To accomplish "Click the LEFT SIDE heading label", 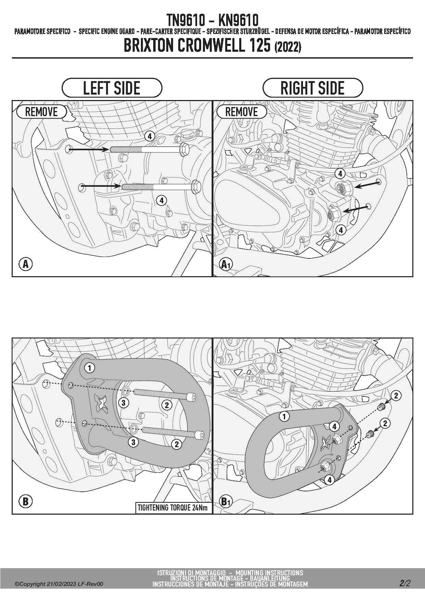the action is click(x=112, y=88).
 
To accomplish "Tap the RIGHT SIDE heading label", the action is click(x=313, y=88).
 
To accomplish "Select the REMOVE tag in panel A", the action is click(x=41, y=112).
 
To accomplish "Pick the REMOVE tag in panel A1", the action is click(x=242, y=112).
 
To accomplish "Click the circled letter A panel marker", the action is click(x=25, y=264).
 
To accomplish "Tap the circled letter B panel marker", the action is click(x=25, y=502).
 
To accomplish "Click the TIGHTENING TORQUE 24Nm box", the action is click(x=173, y=508).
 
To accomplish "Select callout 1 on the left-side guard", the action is click(x=90, y=368).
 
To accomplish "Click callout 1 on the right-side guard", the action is click(x=284, y=417).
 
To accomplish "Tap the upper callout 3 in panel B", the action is click(x=124, y=403).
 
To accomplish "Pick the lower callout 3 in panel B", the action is click(x=133, y=442).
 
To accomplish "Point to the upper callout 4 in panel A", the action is click(x=150, y=136).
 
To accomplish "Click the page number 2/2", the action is click(x=405, y=583).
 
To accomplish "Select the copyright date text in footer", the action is click(x=59, y=584).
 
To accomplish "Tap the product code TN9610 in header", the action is click(x=185, y=20).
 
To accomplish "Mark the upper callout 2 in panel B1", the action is click(x=396, y=396).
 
